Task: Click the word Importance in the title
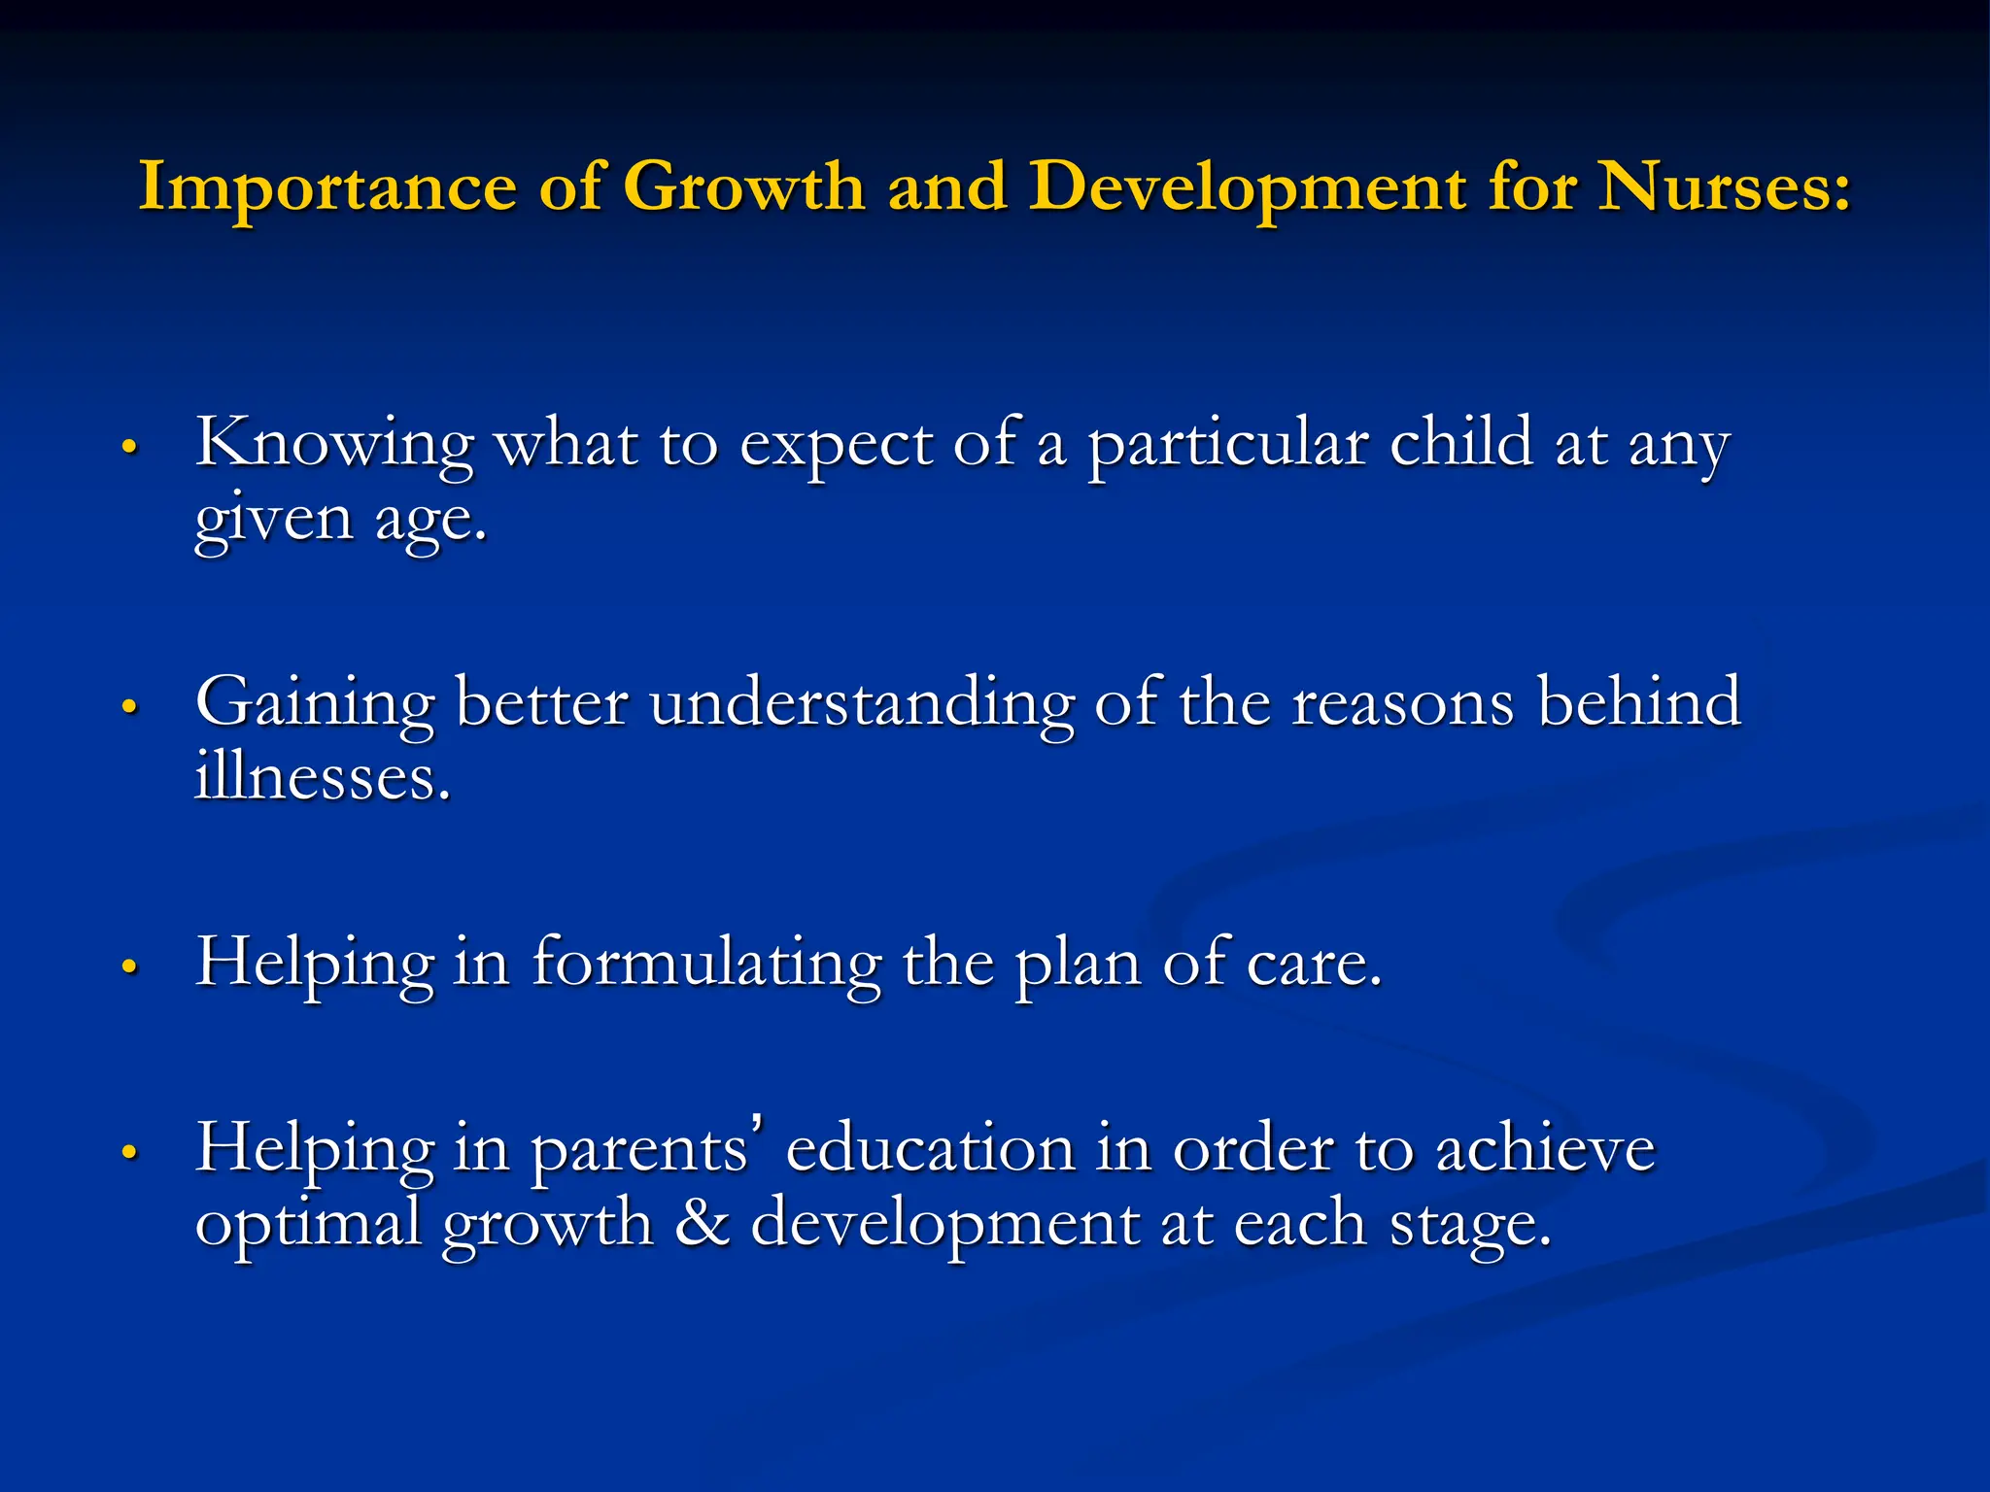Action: click(x=327, y=186)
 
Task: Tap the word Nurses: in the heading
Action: click(x=1725, y=186)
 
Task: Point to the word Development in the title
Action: click(x=1248, y=186)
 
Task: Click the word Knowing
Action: click(x=334, y=445)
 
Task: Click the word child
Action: click(x=1460, y=443)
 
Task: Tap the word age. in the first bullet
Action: click(x=430, y=521)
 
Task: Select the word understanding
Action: click(x=862, y=703)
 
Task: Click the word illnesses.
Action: click(x=323, y=777)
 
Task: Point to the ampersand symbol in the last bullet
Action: click(x=702, y=1222)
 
